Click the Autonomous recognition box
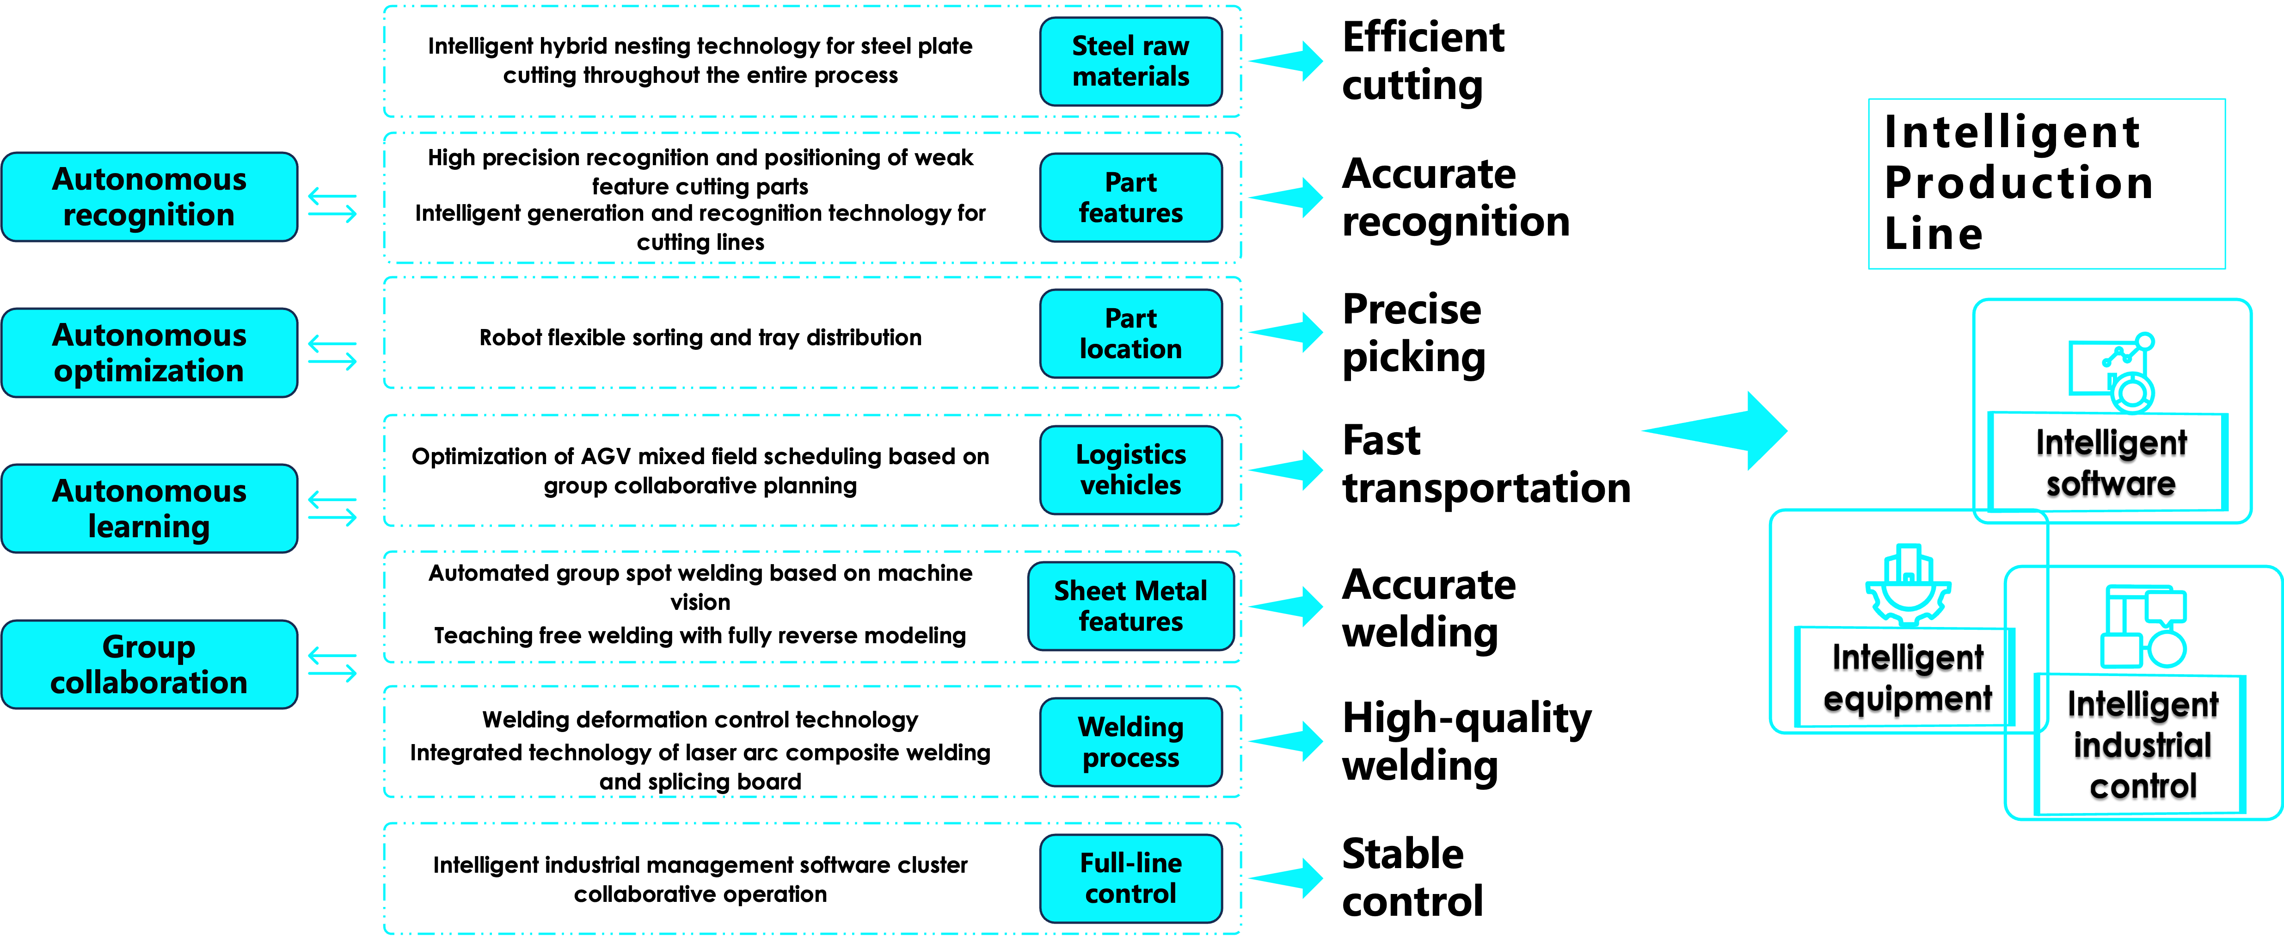149,197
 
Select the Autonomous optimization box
149,353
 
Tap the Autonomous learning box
149,508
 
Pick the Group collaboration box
149,664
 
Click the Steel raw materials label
1130,61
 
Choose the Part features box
1130,198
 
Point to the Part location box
1130,334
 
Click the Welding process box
1130,742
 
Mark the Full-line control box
1130,878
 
